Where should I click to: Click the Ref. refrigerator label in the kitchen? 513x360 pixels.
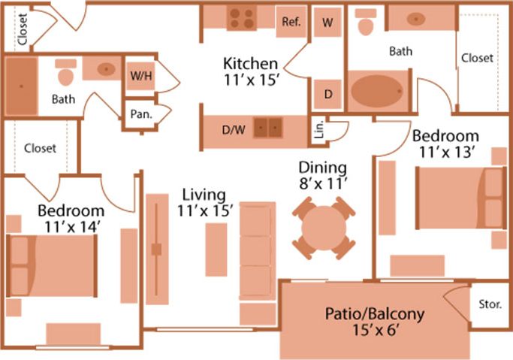291,22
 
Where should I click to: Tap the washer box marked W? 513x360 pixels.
327,23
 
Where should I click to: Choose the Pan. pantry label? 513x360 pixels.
140,115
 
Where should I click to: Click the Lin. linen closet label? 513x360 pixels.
318,131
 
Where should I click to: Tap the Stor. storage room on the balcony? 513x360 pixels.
490,305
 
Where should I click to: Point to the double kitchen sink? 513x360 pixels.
268,129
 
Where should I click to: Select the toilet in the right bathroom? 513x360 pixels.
367,24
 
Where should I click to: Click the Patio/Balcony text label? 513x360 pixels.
375,313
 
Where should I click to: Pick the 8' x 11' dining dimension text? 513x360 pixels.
323,182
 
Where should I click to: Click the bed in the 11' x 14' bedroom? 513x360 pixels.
53,266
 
